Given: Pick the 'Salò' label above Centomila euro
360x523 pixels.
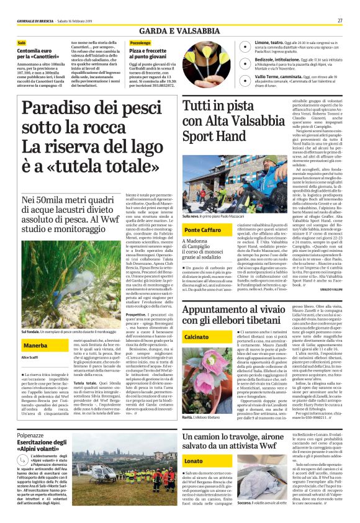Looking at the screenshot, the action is click(x=22, y=43).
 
